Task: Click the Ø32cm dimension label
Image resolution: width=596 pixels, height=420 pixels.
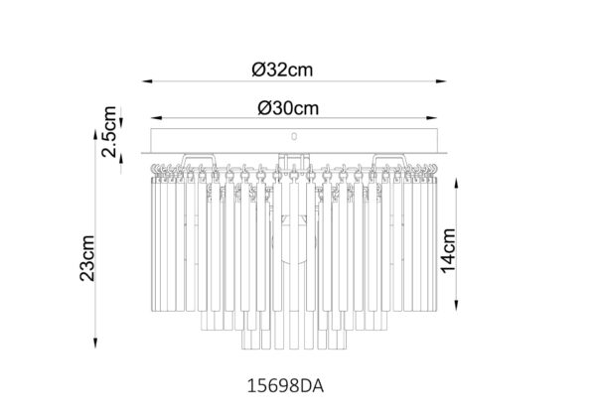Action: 282,70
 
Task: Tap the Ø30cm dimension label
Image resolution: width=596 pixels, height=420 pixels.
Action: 288,108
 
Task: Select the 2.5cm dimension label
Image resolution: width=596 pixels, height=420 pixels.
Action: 109,131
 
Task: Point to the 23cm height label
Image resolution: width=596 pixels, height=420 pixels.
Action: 87,258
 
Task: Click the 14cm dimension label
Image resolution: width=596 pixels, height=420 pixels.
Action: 448,251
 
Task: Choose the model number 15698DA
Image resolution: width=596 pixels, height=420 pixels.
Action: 285,386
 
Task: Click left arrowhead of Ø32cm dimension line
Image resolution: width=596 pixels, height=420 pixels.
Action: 147,81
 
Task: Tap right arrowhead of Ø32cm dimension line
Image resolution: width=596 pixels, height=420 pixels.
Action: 441,81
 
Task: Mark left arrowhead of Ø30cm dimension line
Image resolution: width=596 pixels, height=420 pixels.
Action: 156,118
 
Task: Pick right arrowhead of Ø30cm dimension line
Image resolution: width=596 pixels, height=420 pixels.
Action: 432,118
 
